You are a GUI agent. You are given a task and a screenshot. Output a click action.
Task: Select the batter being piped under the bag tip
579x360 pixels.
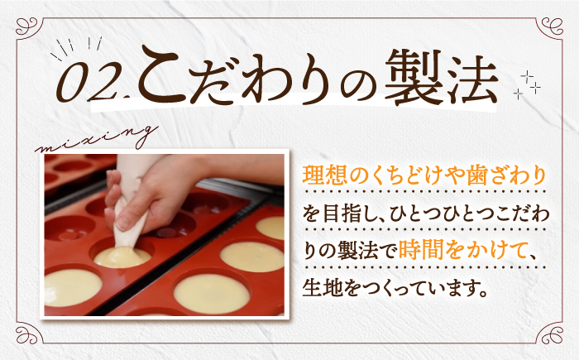122,256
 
